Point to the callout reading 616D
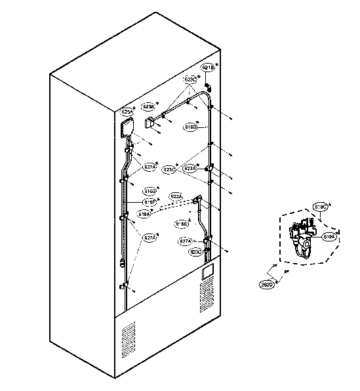[x=191, y=125]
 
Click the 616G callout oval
[x=151, y=192]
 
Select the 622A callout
[x=176, y=196]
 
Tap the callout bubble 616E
[x=182, y=224]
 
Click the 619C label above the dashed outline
[x=321, y=207]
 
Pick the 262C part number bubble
[x=267, y=284]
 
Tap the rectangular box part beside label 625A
[x=127, y=128]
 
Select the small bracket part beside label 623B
[x=149, y=122]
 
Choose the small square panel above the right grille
[x=209, y=270]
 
